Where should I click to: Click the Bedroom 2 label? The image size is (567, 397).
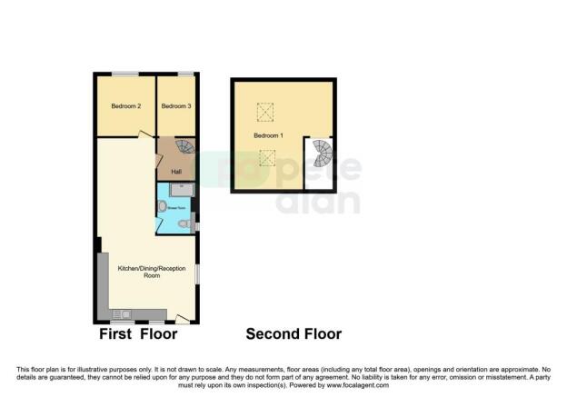click(126, 106)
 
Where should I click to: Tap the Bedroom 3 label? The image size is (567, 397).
click(176, 106)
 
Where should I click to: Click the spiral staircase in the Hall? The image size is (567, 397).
click(184, 148)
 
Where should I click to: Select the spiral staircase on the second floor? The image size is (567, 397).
click(322, 154)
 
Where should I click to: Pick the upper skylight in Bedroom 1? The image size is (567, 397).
click(266, 113)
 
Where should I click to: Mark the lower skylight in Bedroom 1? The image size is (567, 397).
click(267, 158)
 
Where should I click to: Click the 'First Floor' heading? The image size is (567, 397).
click(138, 334)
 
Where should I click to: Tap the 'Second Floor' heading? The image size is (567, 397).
click(293, 334)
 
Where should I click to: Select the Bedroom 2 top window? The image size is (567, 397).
click(126, 74)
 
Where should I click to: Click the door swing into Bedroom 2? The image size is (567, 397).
click(145, 134)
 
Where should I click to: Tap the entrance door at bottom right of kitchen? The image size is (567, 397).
click(184, 318)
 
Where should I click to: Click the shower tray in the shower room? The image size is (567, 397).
click(180, 190)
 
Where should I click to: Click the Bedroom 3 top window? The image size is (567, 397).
click(185, 74)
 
